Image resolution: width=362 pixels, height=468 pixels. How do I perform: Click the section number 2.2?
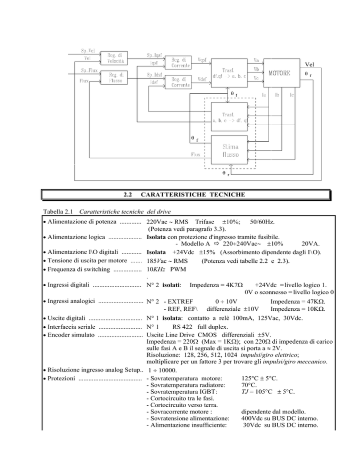pos(126,194)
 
